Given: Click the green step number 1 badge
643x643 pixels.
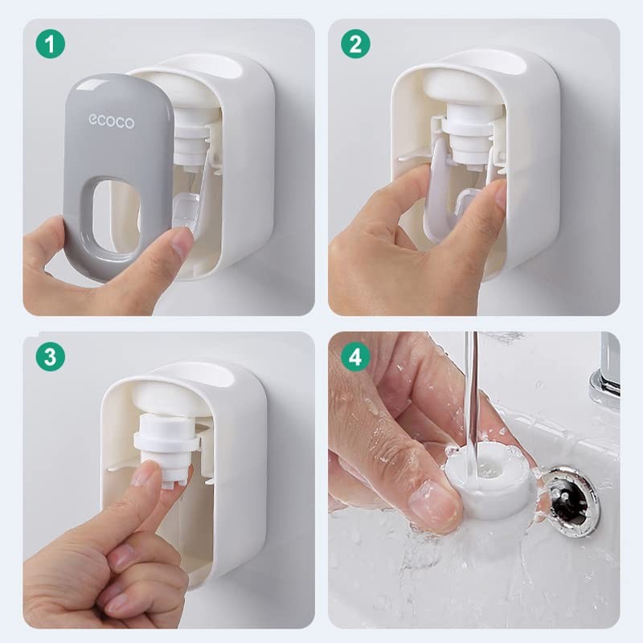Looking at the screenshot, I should [50, 43].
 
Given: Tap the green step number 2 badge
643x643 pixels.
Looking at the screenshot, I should [355, 43].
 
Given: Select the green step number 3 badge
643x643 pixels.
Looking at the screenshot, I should [50, 356].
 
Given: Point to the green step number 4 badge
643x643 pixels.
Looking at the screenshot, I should [355, 356].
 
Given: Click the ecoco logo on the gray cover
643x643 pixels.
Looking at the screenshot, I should [112, 121].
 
